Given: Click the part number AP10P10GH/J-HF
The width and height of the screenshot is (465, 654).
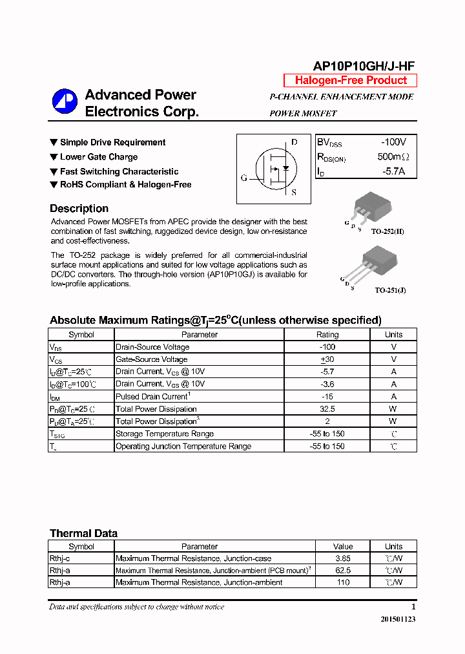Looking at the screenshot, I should [x=364, y=66].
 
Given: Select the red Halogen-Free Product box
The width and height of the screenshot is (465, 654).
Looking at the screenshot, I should [x=351, y=81].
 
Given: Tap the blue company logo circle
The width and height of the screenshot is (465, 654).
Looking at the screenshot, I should [x=65, y=100].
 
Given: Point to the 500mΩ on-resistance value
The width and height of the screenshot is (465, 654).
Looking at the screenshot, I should [x=393, y=157].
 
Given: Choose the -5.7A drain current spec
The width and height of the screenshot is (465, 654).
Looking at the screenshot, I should [x=393, y=171].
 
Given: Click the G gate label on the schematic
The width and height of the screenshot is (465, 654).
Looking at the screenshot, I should [x=244, y=178].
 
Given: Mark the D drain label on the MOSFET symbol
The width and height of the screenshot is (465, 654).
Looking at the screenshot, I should [x=294, y=142].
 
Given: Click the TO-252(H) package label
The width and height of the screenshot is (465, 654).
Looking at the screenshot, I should [x=387, y=231].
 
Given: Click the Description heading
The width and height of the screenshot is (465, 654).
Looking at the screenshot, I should [x=79, y=209].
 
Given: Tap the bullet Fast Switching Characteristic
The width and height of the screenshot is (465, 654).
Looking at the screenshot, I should [x=119, y=171].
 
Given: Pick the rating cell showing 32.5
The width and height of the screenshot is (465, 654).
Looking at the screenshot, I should [x=327, y=409].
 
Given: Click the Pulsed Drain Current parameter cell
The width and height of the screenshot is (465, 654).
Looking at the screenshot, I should [x=152, y=396].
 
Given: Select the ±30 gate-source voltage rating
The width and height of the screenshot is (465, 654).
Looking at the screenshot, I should [x=327, y=359].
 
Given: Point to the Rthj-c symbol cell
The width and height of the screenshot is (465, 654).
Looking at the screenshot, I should [x=60, y=558].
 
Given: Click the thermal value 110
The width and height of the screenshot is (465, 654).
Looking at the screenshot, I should [x=343, y=582].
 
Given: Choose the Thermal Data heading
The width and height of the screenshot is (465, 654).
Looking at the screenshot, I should [x=83, y=534].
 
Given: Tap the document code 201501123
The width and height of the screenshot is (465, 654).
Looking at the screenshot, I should [x=398, y=619].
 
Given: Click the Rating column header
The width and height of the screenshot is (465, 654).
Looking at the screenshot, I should [x=327, y=335].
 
